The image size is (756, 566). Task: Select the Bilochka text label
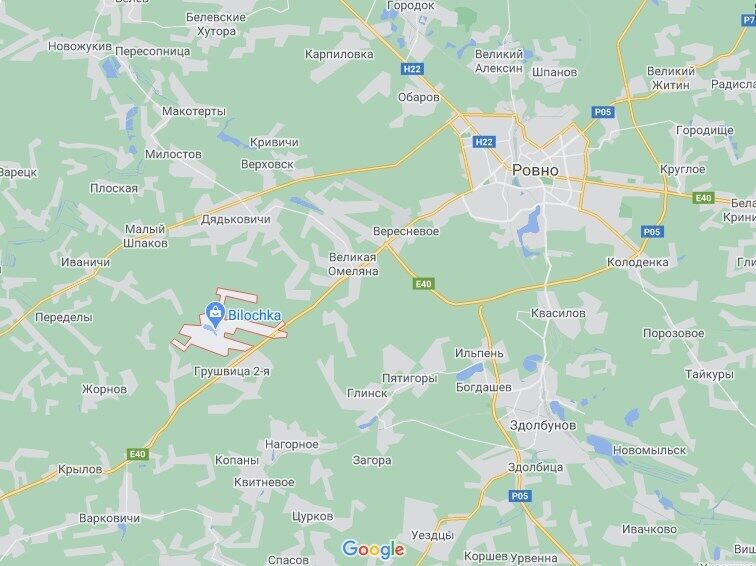[255, 314]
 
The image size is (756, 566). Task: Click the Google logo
[372, 548]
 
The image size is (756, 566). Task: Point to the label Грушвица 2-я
[233, 372]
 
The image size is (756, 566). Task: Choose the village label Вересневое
[405, 231]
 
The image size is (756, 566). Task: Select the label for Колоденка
[637, 262]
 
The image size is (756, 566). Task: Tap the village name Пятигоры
[410, 378]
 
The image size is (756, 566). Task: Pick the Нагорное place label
[292, 443]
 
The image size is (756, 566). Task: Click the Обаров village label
[419, 97]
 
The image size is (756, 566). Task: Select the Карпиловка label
[339, 54]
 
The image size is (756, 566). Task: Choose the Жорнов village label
[105, 389]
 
